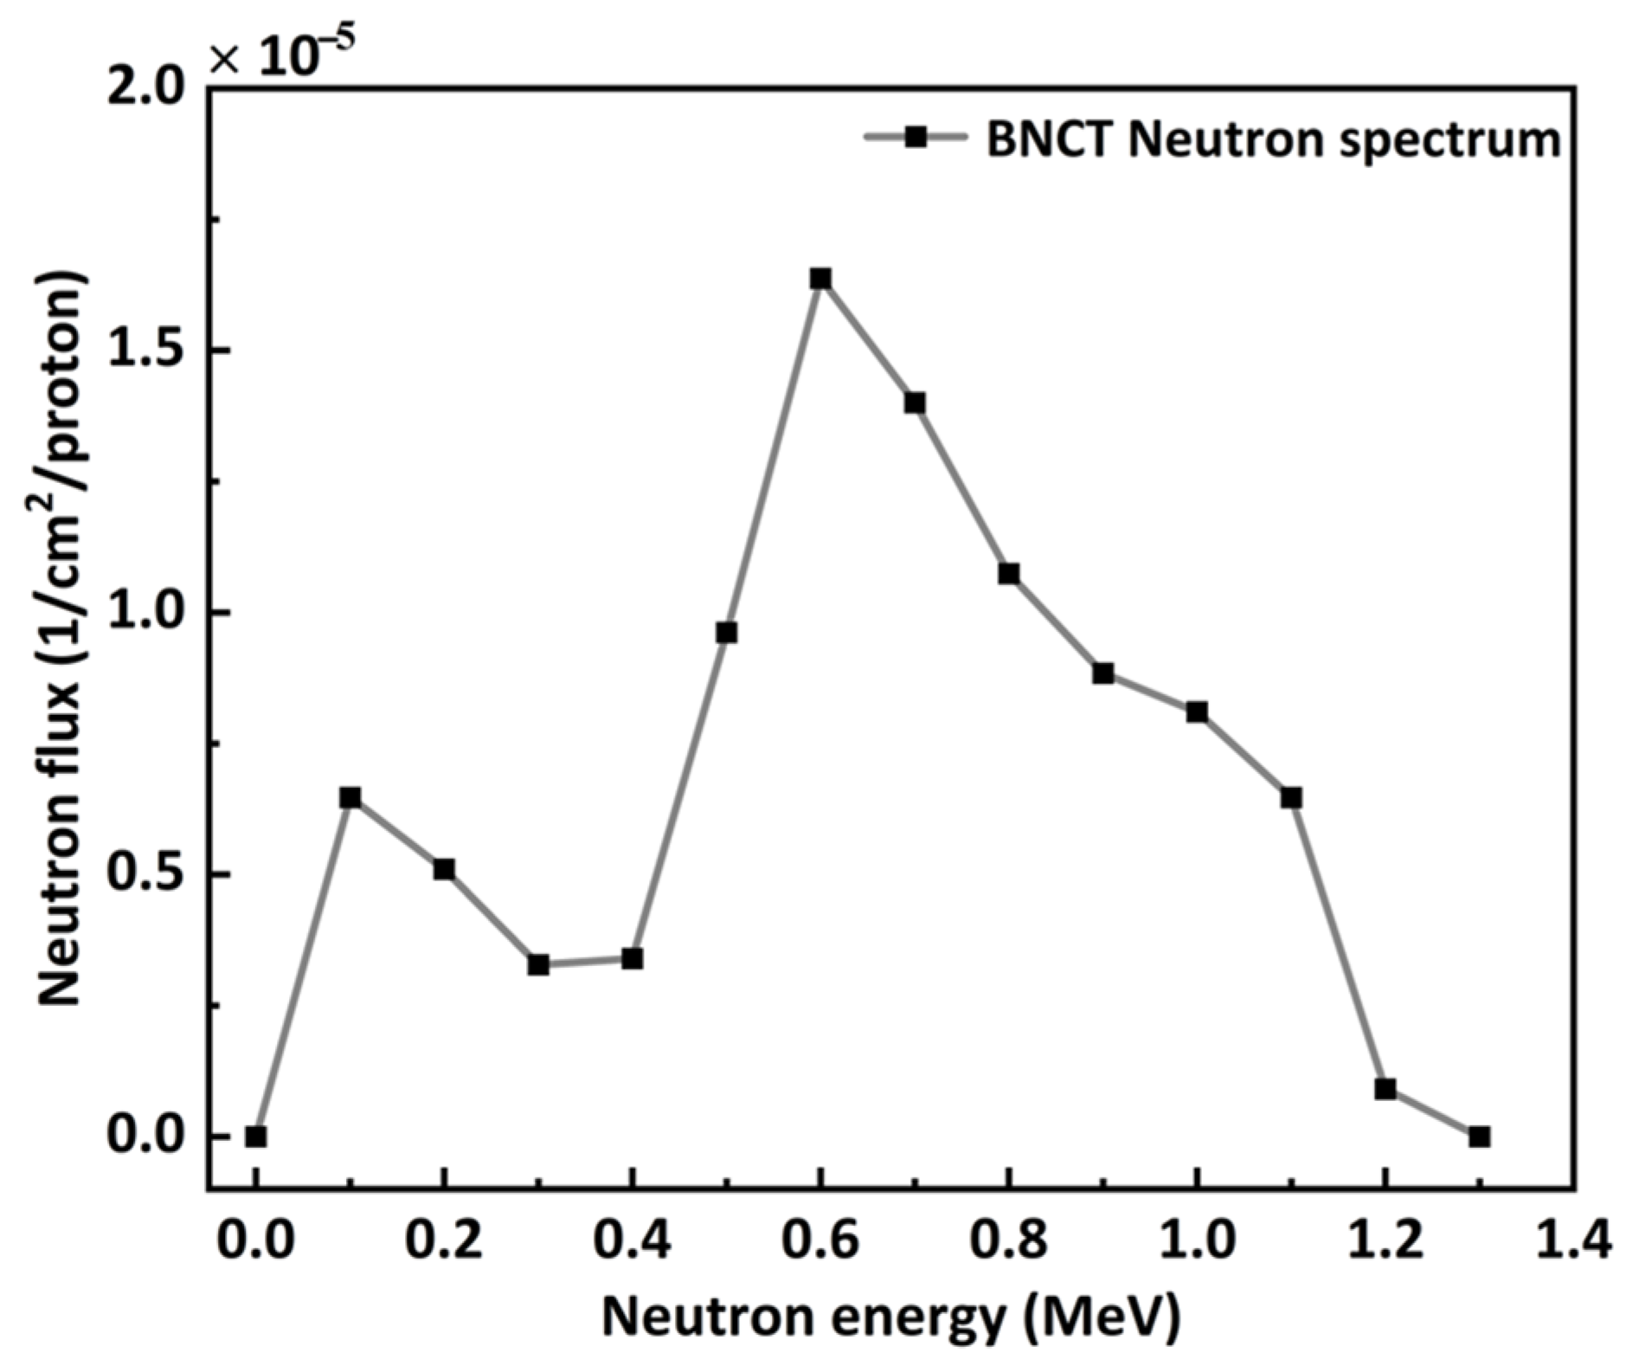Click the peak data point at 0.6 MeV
(x=819, y=279)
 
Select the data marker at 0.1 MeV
(x=350, y=797)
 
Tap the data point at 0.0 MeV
(x=255, y=1137)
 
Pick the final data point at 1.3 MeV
(x=1479, y=1137)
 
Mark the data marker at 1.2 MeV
(x=1385, y=1089)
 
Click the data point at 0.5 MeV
(x=726, y=633)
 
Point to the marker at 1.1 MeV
(x=1291, y=797)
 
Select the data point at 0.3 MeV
(x=538, y=964)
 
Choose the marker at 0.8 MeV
(x=1008, y=574)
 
